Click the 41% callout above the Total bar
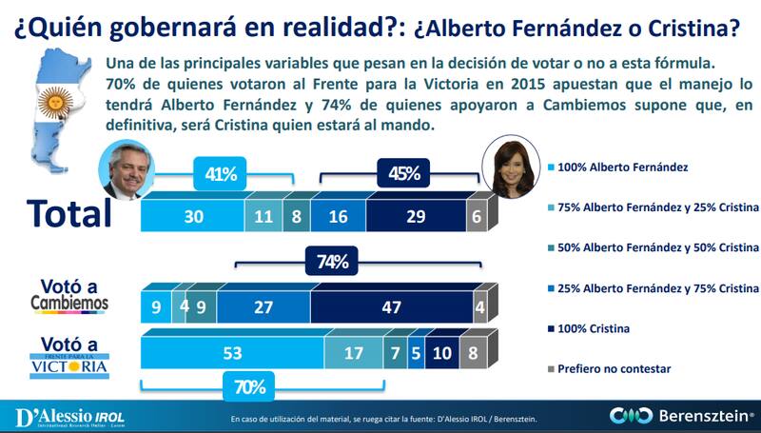coord(221,174)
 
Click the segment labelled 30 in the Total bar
coord(192,215)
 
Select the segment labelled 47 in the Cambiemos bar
coord(391,308)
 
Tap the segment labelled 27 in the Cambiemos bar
coord(263,308)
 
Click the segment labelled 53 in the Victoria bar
coord(232,352)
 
